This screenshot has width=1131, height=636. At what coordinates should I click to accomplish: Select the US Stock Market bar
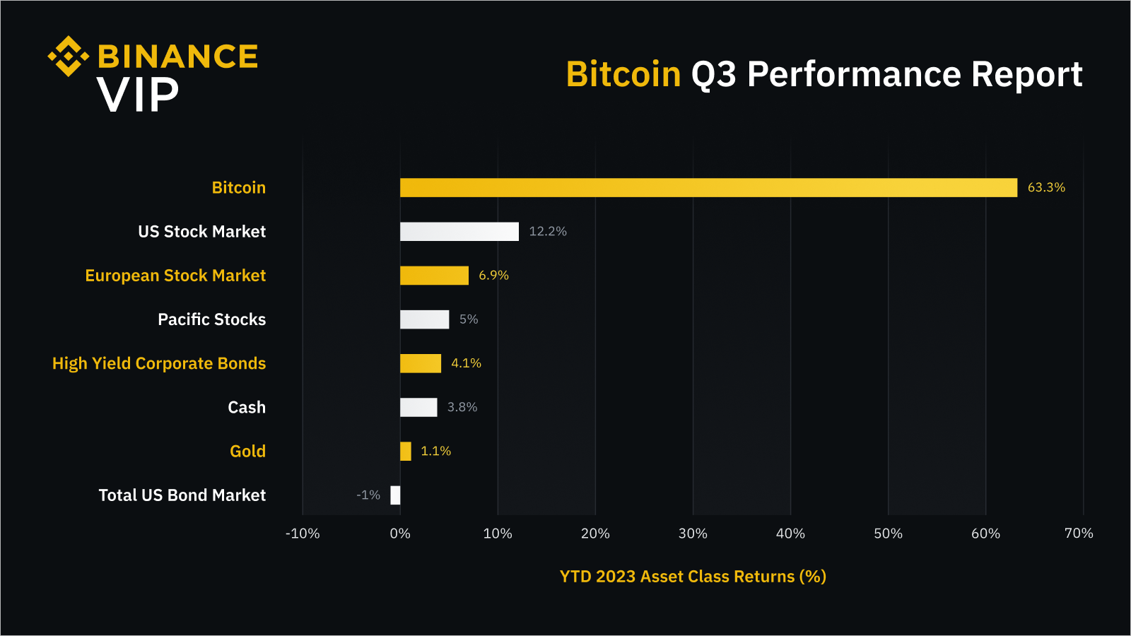(x=459, y=232)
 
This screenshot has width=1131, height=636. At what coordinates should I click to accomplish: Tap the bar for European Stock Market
(x=434, y=276)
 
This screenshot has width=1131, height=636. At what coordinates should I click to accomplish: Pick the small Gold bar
(x=406, y=451)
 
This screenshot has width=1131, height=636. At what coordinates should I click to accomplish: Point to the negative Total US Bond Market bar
(x=395, y=495)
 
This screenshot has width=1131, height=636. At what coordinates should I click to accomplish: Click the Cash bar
(x=418, y=407)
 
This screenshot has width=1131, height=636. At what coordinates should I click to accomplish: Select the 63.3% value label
(x=1046, y=187)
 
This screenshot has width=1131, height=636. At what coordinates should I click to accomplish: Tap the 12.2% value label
(x=548, y=232)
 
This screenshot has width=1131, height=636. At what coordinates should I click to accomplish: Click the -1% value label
(x=368, y=495)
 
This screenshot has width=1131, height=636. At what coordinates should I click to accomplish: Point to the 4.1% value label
(x=466, y=363)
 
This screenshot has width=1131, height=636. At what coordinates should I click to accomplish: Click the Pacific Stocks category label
(x=212, y=319)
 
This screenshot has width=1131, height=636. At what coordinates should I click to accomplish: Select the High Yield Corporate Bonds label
(x=159, y=363)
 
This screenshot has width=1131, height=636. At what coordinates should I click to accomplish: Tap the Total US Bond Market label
(x=182, y=495)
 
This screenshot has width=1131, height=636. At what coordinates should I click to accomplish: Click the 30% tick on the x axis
(x=693, y=534)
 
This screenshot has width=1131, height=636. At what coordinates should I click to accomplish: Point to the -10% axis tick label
(x=303, y=534)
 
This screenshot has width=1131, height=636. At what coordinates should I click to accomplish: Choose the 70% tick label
(x=1079, y=534)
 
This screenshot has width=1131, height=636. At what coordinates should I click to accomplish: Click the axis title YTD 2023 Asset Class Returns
(x=693, y=577)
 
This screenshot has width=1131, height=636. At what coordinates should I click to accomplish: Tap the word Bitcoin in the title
(x=623, y=74)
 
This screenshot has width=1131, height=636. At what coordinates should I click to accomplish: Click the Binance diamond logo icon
(x=69, y=56)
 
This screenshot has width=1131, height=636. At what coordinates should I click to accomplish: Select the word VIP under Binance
(x=138, y=95)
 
